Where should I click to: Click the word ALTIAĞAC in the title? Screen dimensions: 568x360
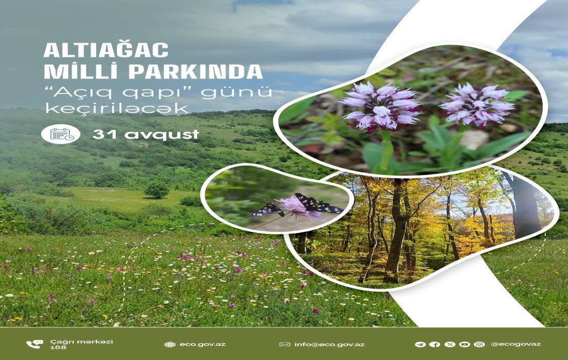tap(106, 50)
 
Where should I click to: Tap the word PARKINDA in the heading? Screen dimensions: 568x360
tap(196, 71)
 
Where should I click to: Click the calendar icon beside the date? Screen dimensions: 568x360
tap(60, 134)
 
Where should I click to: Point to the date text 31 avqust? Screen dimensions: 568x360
tap(146, 135)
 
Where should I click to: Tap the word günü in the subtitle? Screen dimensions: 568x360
tap(236, 92)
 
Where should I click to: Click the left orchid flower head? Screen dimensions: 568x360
tap(380, 105)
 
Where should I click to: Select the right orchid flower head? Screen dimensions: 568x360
tap(476, 105)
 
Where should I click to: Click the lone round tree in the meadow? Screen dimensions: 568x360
tap(157, 189)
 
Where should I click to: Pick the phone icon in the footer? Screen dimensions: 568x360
tap(34, 344)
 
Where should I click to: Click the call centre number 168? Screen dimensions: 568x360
tap(58, 347)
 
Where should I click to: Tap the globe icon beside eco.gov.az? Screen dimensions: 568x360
tap(170, 344)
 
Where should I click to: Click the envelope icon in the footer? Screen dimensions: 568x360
tap(285, 344)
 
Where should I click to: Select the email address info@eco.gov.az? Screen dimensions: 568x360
tap(329, 344)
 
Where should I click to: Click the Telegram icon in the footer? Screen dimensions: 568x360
tap(420, 344)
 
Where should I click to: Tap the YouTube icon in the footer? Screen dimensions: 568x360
tap(464, 344)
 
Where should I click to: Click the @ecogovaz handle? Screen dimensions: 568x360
tap(516, 344)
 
